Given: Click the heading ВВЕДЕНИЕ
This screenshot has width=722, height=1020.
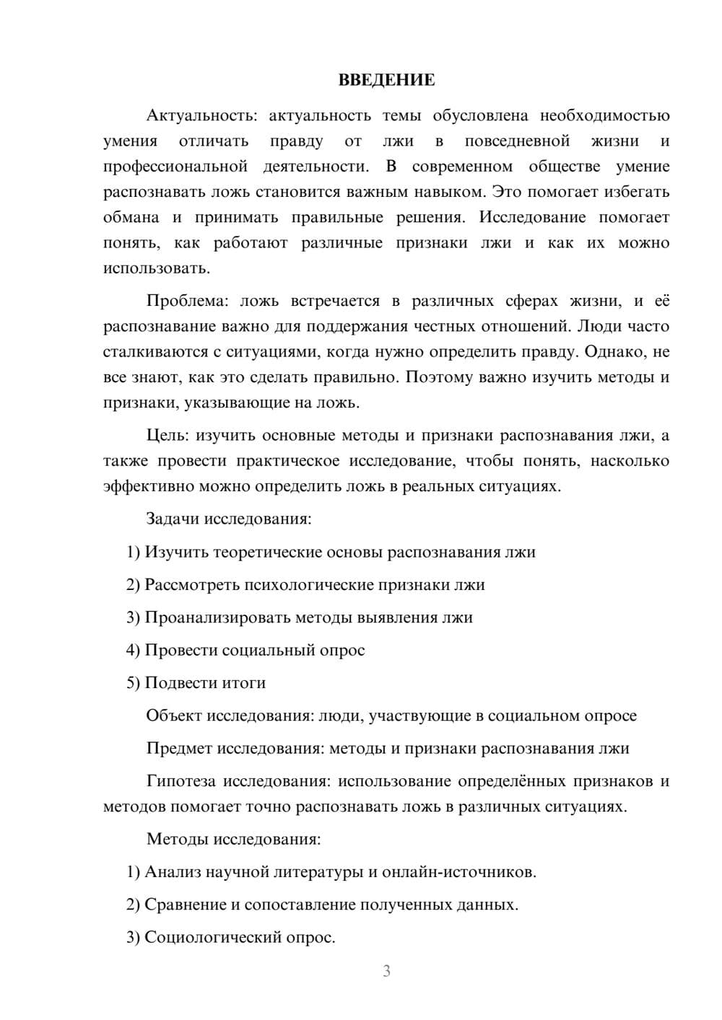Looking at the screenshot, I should coord(386,80).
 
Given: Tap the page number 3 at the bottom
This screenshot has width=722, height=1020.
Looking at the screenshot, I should coord(386,971).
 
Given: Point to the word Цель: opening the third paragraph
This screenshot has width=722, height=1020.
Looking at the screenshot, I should coord(168,435).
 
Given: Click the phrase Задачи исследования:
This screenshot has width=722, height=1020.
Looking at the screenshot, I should coord(228,519).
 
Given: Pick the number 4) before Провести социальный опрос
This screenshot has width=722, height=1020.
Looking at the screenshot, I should coord(133,650).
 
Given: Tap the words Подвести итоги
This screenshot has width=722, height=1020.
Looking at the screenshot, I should coord(205,682).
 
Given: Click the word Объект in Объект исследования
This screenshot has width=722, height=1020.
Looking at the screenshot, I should coord(174,716).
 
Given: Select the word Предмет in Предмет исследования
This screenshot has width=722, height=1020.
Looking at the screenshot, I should coord(179,748).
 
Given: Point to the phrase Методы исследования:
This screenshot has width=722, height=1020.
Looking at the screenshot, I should coord(233,839).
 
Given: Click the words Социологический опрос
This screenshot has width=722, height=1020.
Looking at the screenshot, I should coord(240,937).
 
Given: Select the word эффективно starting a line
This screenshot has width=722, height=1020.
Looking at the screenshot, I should coord(142,486).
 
